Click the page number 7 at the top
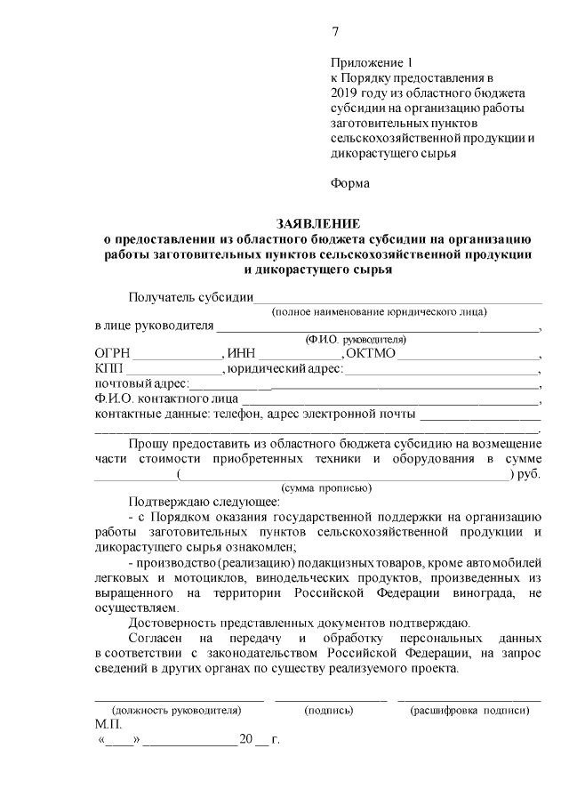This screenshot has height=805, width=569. click(335, 32)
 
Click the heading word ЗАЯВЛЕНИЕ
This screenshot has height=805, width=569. click(318, 223)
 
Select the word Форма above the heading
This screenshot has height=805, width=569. click(350, 183)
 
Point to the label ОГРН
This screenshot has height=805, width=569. click(113, 354)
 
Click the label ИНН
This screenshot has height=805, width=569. click(243, 354)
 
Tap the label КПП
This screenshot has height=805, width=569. click(110, 369)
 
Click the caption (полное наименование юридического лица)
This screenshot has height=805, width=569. click(379, 311)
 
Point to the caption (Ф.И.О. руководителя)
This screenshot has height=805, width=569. click(356, 340)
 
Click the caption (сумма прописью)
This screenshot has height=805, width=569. click(326, 488)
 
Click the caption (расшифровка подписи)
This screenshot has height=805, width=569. click(469, 711)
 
